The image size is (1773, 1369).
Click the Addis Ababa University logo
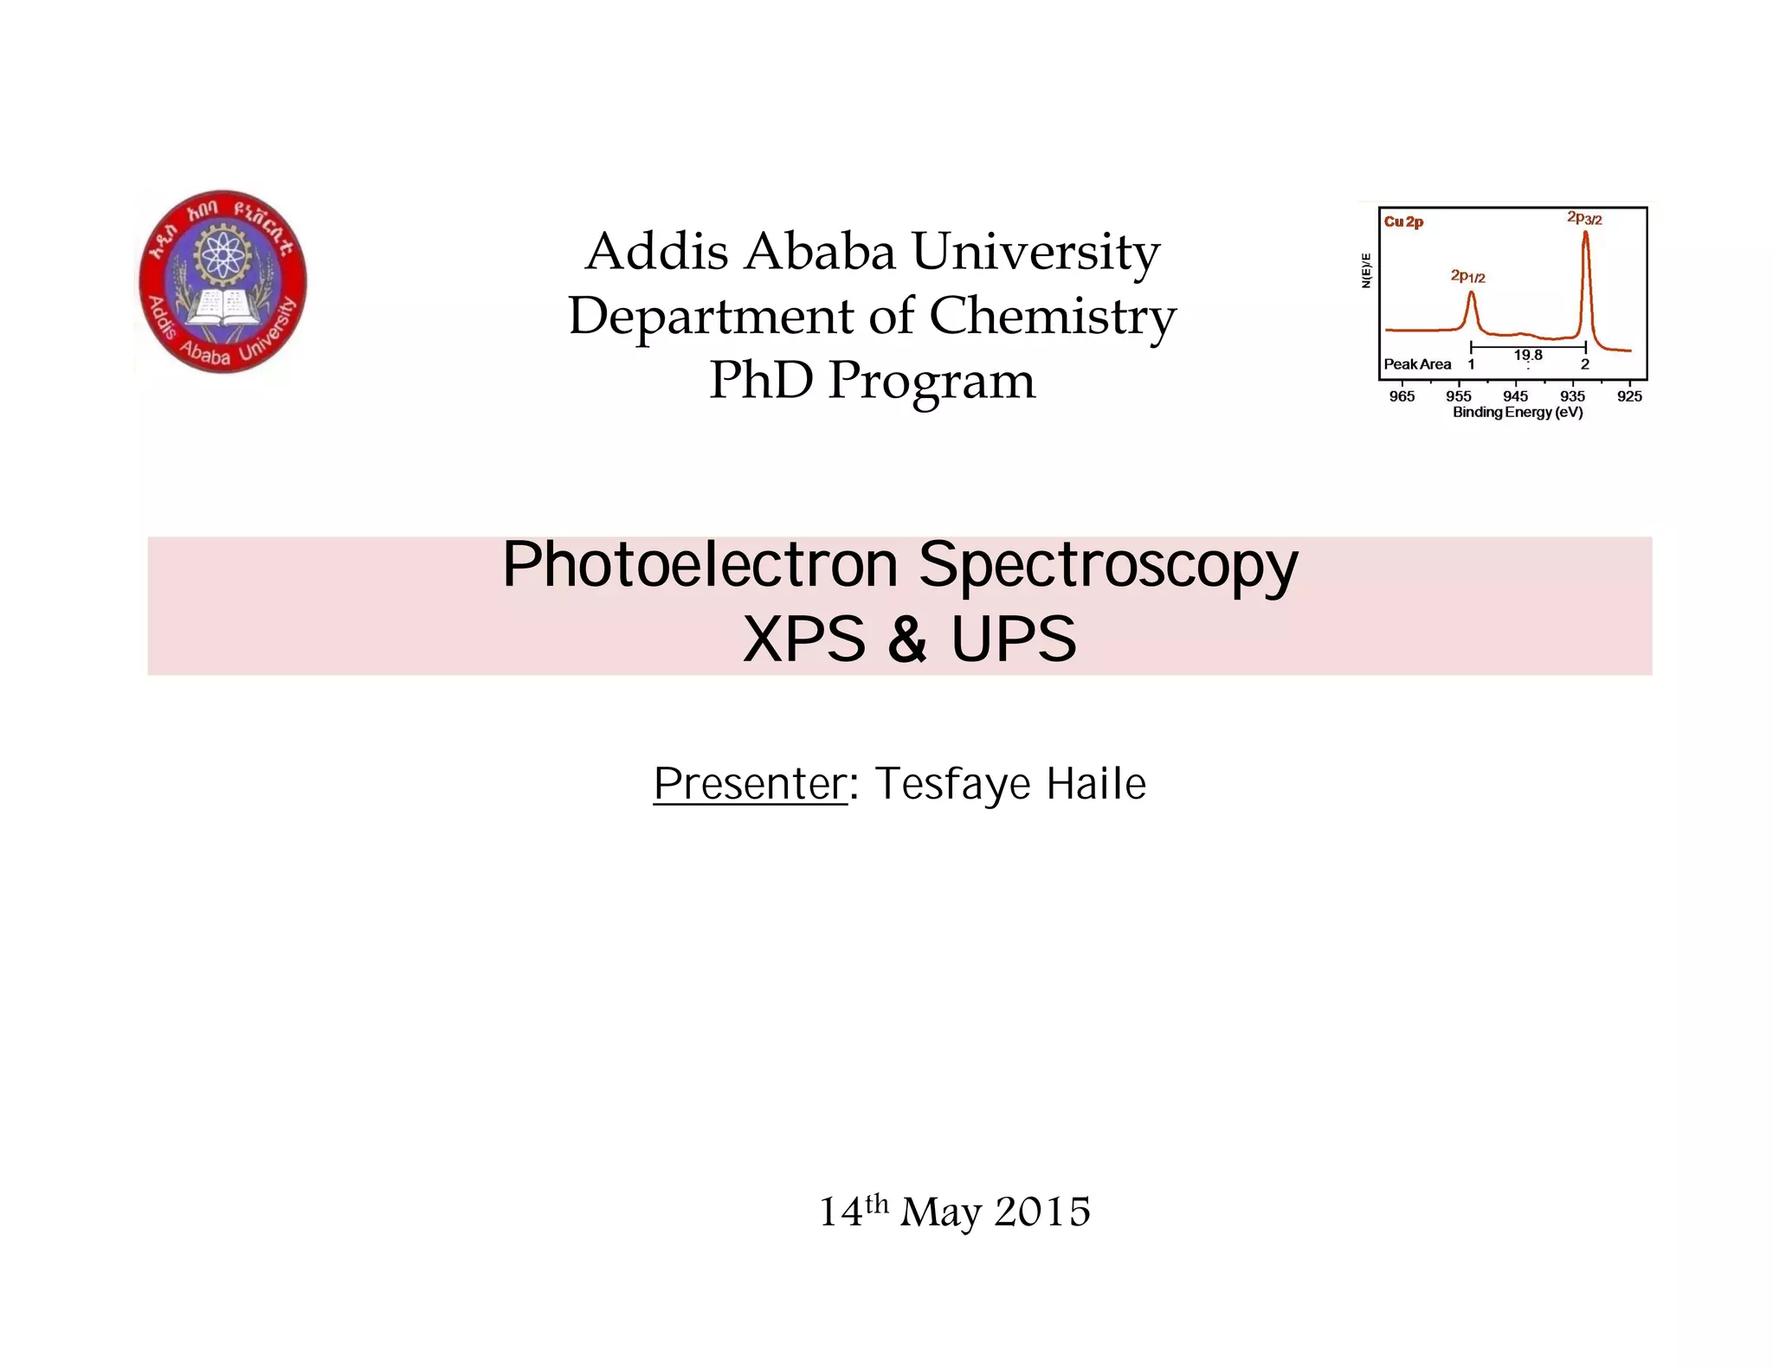(x=222, y=282)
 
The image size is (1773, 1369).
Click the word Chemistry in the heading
(x=1052, y=316)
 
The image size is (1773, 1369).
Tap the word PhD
(x=762, y=381)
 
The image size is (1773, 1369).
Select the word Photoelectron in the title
(x=700, y=565)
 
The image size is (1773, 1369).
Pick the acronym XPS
(x=804, y=640)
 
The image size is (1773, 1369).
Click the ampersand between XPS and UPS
(x=907, y=640)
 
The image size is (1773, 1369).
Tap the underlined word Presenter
(x=750, y=784)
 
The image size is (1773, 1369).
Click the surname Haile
(x=1096, y=784)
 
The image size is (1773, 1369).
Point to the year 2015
(x=1042, y=1212)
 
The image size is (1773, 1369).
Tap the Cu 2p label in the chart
(x=1403, y=222)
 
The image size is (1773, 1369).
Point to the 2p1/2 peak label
(x=1468, y=277)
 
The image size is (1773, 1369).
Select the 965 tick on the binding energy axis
(x=1402, y=396)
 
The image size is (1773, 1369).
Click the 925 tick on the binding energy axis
(x=1629, y=396)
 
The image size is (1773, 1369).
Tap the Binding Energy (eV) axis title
(x=1518, y=413)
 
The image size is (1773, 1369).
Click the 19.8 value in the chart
(x=1528, y=355)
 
